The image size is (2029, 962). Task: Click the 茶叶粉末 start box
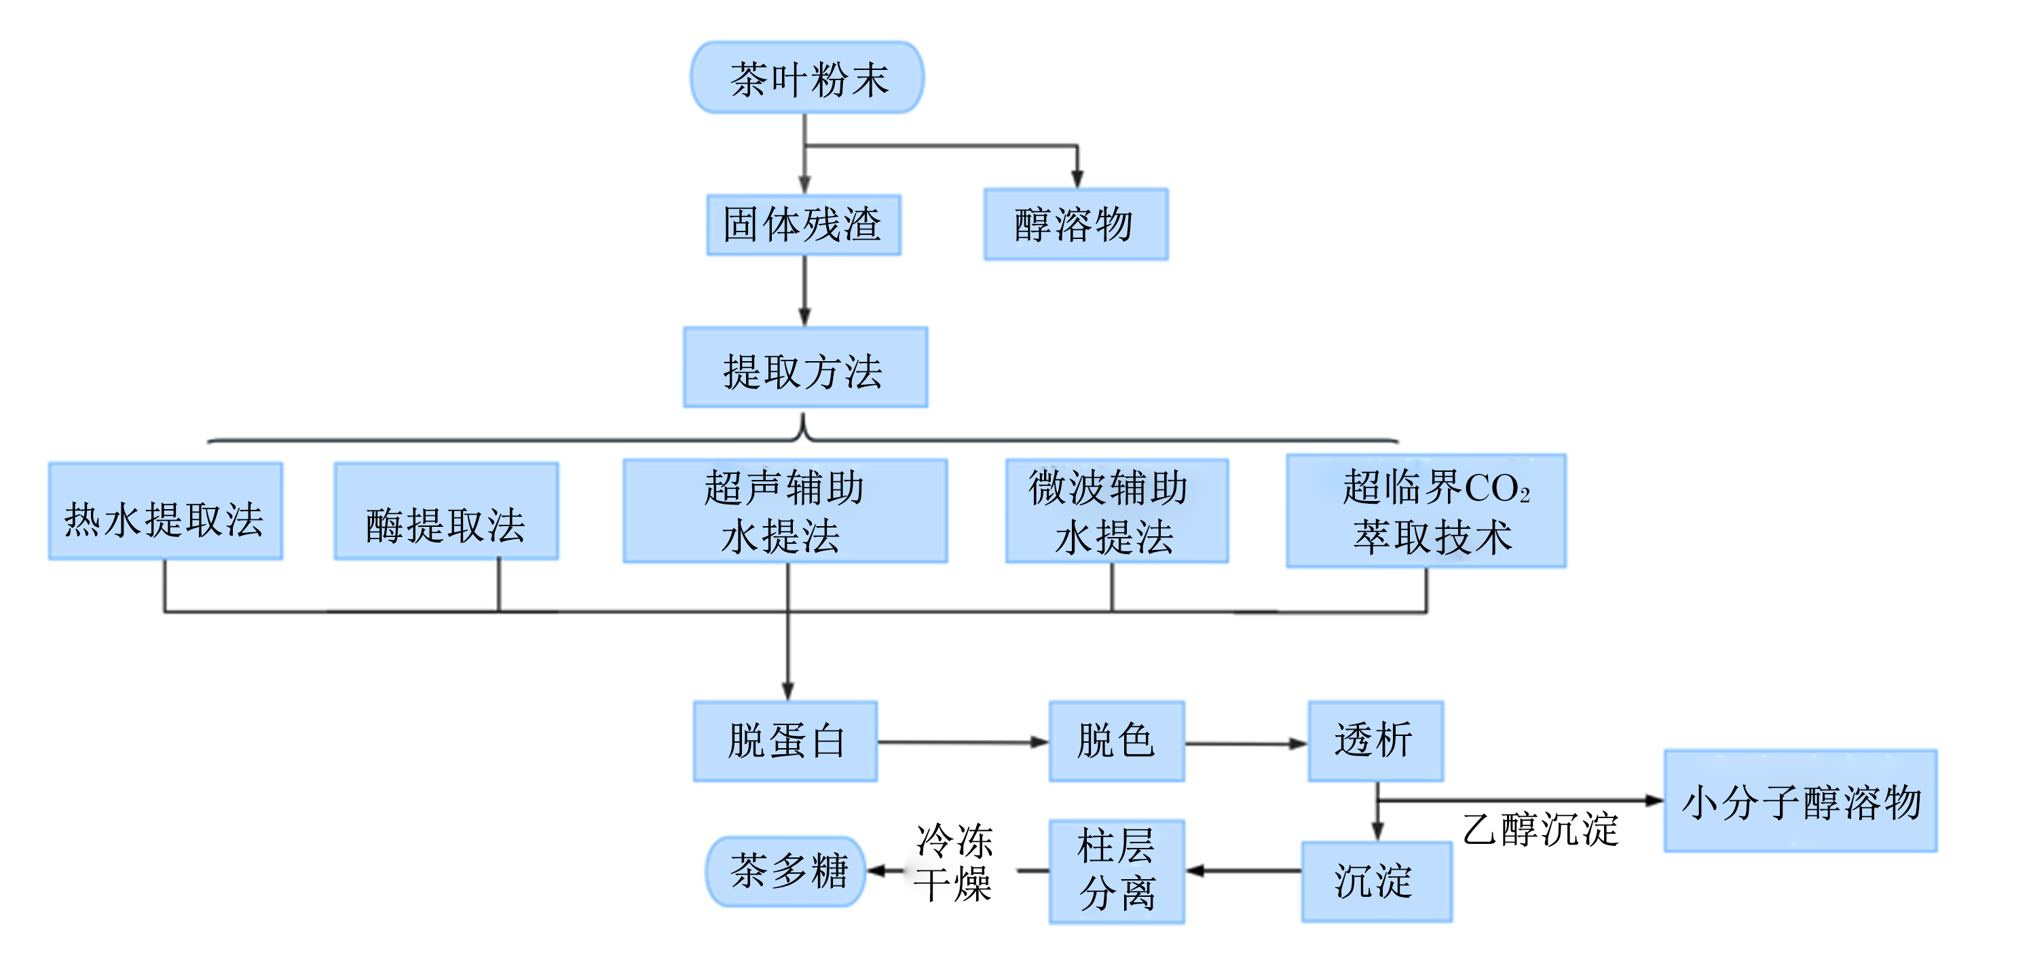coord(807,77)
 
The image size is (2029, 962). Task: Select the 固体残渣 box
coord(804,225)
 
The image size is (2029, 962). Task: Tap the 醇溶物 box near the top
coord(1076,225)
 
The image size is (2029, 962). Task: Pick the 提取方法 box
coord(805,367)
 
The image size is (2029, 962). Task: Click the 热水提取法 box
coord(166,511)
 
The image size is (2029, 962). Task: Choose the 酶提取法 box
coord(447,511)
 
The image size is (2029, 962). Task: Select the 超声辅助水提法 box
coord(785,511)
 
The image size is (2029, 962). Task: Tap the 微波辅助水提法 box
coord(1117,511)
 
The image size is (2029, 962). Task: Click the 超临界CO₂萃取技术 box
coord(1426,511)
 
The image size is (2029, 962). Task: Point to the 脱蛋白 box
coord(785,741)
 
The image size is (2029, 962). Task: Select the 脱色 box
coord(1117,741)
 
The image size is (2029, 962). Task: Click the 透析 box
coord(1376,741)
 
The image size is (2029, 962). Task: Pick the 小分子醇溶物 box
coord(1801,800)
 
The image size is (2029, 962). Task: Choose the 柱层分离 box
coord(1117,872)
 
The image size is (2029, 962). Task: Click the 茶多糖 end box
coord(785,872)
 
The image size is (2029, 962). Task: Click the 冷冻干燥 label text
coord(954,863)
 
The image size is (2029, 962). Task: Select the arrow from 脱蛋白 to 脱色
coord(963,741)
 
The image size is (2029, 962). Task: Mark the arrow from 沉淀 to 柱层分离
coord(1244,870)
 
